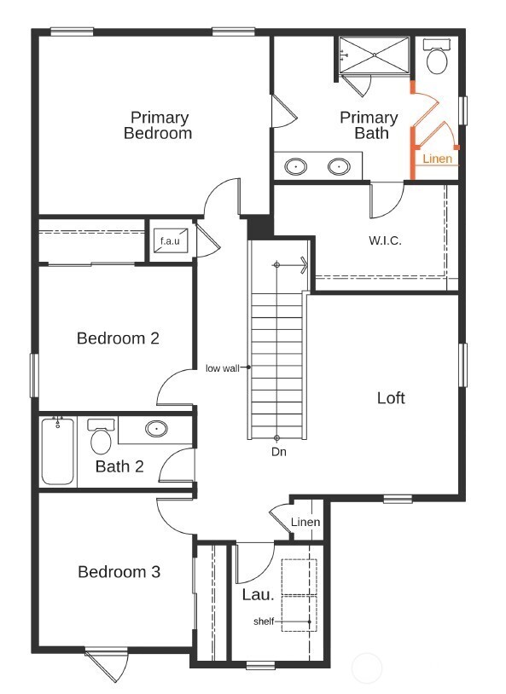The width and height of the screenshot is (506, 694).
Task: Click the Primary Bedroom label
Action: (x=159, y=125)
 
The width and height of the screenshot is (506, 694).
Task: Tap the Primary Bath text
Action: (x=369, y=125)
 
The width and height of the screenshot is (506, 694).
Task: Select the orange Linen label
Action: (x=437, y=159)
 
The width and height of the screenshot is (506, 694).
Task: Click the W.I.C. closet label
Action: (x=385, y=240)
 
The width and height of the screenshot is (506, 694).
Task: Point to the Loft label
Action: (x=391, y=398)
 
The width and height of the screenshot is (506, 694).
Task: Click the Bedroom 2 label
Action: (x=118, y=338)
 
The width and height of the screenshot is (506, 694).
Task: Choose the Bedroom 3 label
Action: (x=119, y=571)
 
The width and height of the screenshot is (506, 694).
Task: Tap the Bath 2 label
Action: (x=119, y=466)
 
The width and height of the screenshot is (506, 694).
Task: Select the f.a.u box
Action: (x=166, y=241)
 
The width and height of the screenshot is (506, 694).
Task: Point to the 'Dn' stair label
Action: (x=278, y=452)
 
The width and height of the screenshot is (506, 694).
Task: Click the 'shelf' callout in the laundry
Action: (x=264, y=622)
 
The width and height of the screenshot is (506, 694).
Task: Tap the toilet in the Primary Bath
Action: (x=437, y=58)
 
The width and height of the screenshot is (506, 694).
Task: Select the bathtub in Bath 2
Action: (x=57, y=451)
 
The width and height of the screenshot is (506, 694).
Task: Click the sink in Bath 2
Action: (x=156, y=429)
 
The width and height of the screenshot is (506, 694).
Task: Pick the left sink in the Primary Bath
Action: (x=297, y=166)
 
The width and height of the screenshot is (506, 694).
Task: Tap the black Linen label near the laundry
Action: (x=305, y=523)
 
